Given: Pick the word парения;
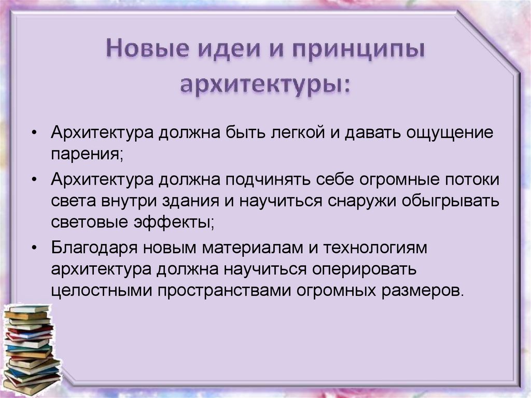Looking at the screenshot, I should coord(87,154).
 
